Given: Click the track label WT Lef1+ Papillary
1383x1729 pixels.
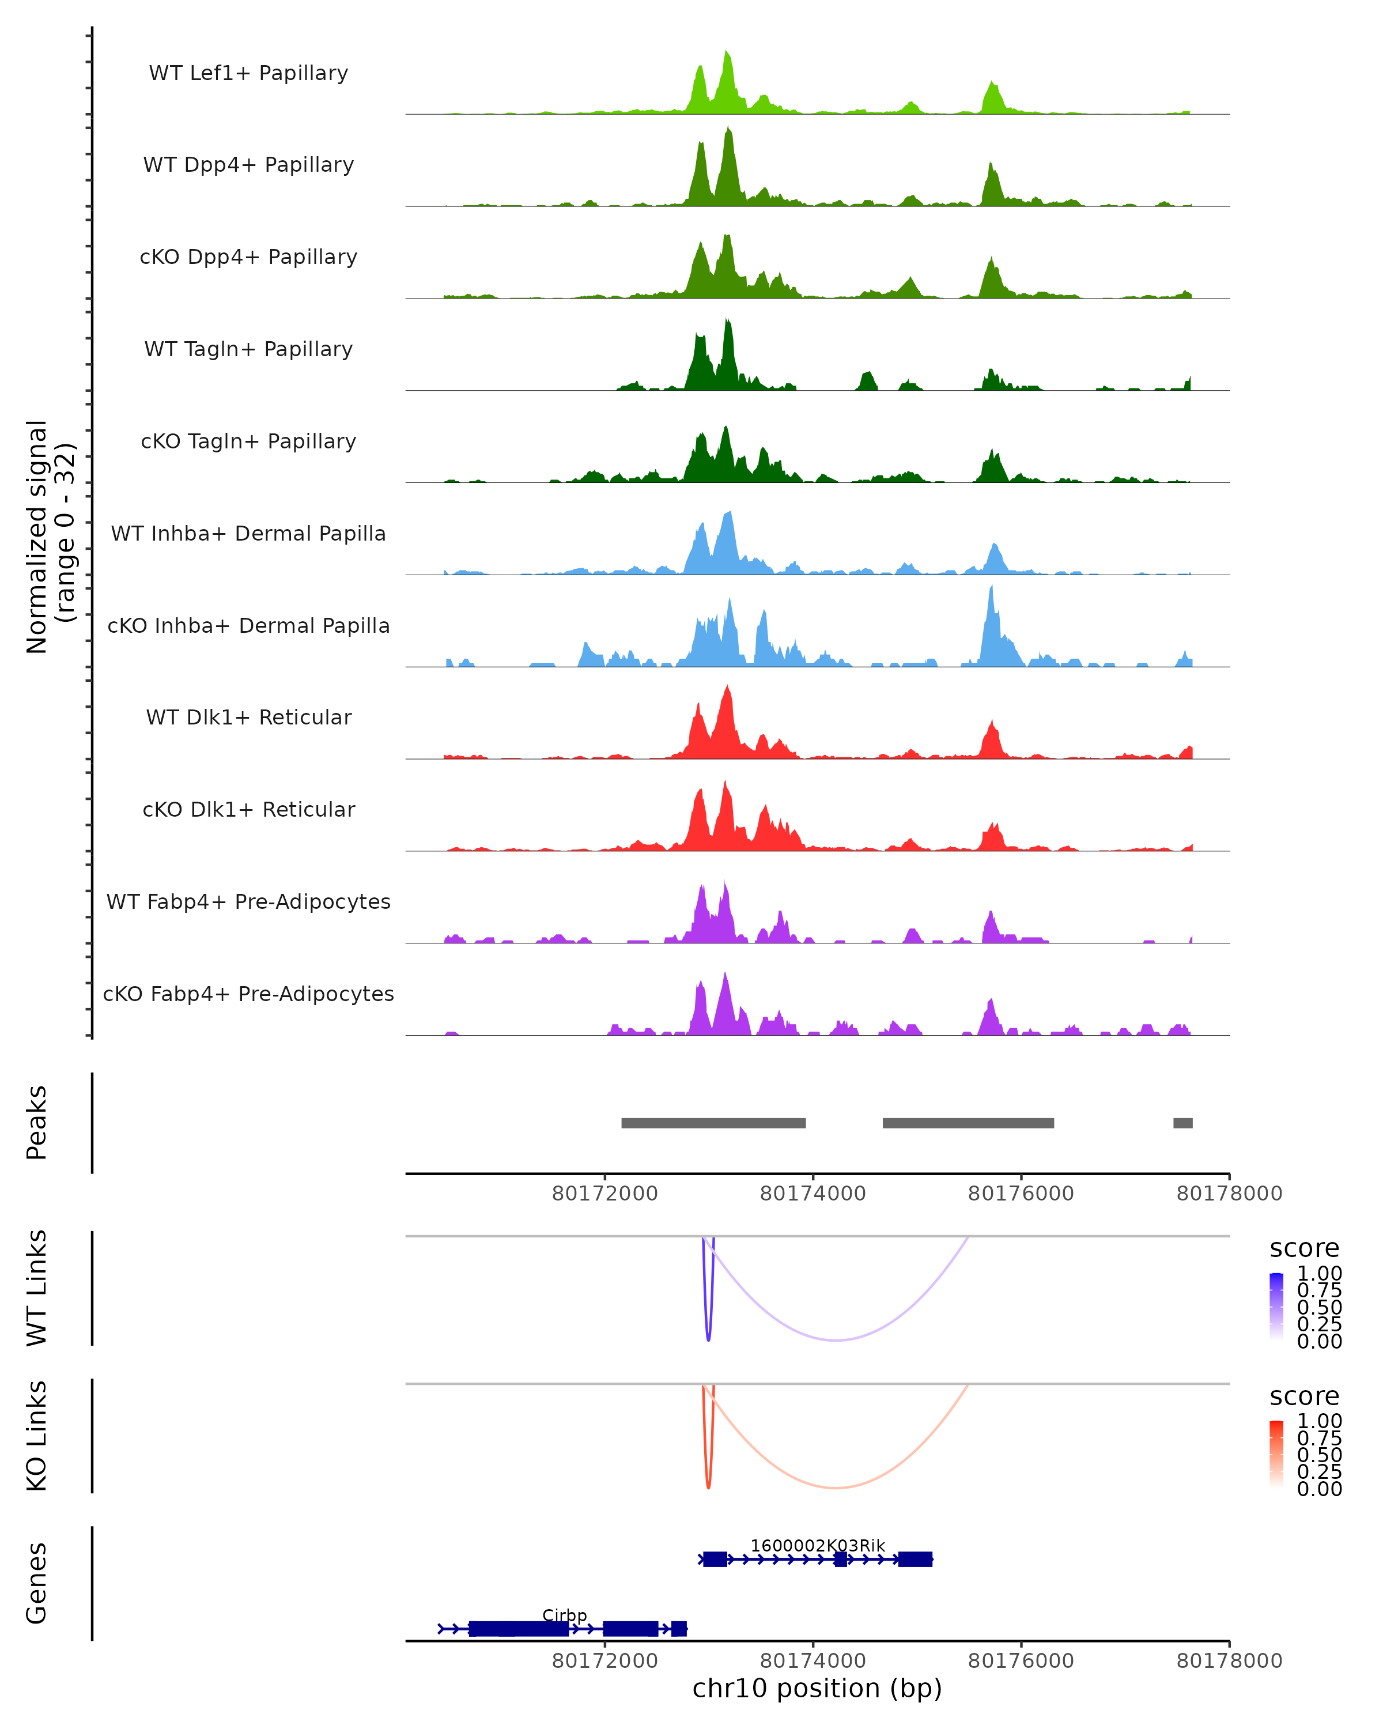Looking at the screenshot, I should (x=248, y=73).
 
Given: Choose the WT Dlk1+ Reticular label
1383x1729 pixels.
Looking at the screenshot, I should (x=248, y=717).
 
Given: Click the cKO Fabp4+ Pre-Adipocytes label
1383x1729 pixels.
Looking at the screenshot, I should (x=248, y=994).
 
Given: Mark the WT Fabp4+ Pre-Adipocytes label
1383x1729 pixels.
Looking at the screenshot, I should (x=248, y=901).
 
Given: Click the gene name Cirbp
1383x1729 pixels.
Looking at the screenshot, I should (x=564, y=1615).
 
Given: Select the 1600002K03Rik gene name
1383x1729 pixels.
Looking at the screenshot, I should (x=818, y=1545).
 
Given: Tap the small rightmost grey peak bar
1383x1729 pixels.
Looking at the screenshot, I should (x=1182, y=1123).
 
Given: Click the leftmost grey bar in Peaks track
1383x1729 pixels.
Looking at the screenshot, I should (x=713, y=1123).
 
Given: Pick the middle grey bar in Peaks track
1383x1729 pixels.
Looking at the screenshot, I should (x=968, y=1123).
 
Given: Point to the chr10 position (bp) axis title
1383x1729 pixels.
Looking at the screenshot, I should (x=817, y=1688).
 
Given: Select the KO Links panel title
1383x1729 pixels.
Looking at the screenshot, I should (x=37, y=1436).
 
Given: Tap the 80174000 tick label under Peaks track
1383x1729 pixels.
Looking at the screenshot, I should (x=813, y=1194).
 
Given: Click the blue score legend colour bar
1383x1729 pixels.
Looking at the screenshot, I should (x=1276, y=1307).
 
